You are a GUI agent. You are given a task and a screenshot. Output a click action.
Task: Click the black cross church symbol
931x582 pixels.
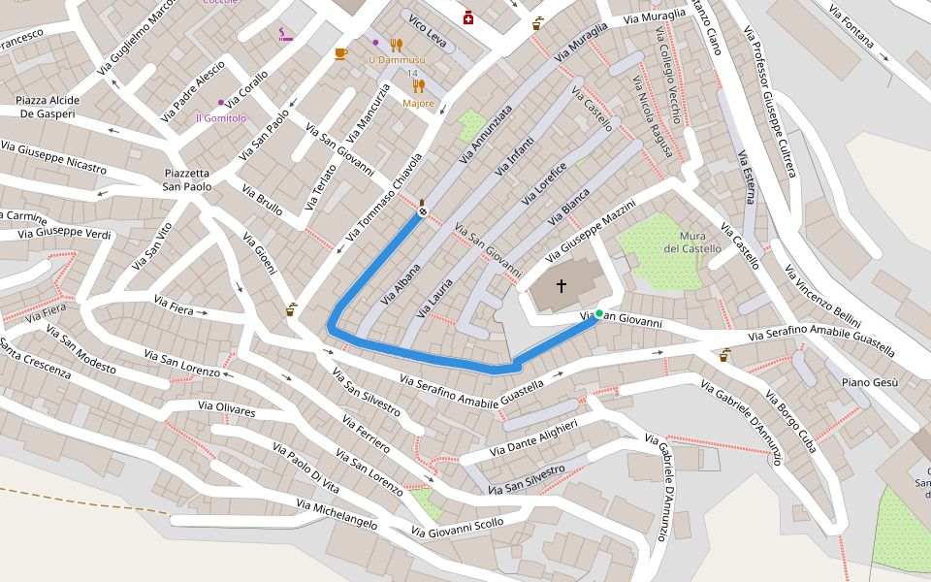coord(561,286)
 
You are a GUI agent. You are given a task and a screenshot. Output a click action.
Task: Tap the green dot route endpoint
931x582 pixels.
coord(599,313)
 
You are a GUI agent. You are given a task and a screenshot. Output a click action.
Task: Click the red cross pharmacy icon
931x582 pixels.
coord(468,17)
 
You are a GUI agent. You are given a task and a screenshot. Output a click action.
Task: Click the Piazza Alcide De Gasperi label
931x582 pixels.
coord(47,107)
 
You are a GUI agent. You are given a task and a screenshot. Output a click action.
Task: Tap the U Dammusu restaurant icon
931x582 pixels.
coord(396,45)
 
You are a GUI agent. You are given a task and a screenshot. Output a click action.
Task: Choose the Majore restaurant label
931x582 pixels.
coord(419,103)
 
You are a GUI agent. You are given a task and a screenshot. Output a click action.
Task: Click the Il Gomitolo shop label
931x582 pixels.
coord(221,118)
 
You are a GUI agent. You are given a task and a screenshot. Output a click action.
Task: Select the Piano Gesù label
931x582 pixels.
coord(869,382)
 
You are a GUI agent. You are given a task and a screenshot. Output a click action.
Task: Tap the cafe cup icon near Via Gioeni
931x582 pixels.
coord(291,310)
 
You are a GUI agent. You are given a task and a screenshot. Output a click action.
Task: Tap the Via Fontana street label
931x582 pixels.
coord(857,30)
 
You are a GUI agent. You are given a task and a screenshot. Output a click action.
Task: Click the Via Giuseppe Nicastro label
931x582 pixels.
coord(53,157)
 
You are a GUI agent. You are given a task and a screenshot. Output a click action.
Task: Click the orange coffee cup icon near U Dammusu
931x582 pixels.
coord(340,53)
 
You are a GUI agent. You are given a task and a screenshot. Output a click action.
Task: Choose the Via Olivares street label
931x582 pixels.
coord(226,411)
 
